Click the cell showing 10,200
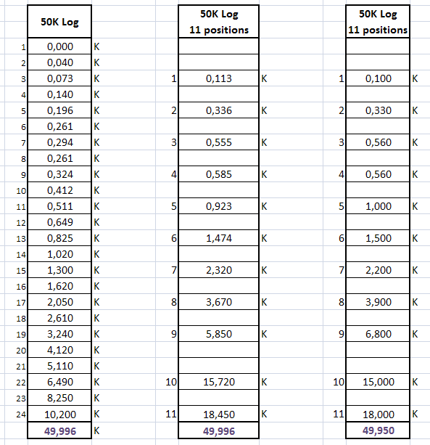59,414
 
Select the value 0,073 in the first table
59,78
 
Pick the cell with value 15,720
218,382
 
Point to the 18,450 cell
218,414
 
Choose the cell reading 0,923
218,206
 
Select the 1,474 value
218,238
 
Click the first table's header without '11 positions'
59,22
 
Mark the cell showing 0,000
59,46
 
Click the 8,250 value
59,398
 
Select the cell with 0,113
218,78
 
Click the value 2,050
59,302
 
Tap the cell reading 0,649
59,222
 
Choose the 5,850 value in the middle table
218,334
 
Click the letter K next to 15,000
415,382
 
